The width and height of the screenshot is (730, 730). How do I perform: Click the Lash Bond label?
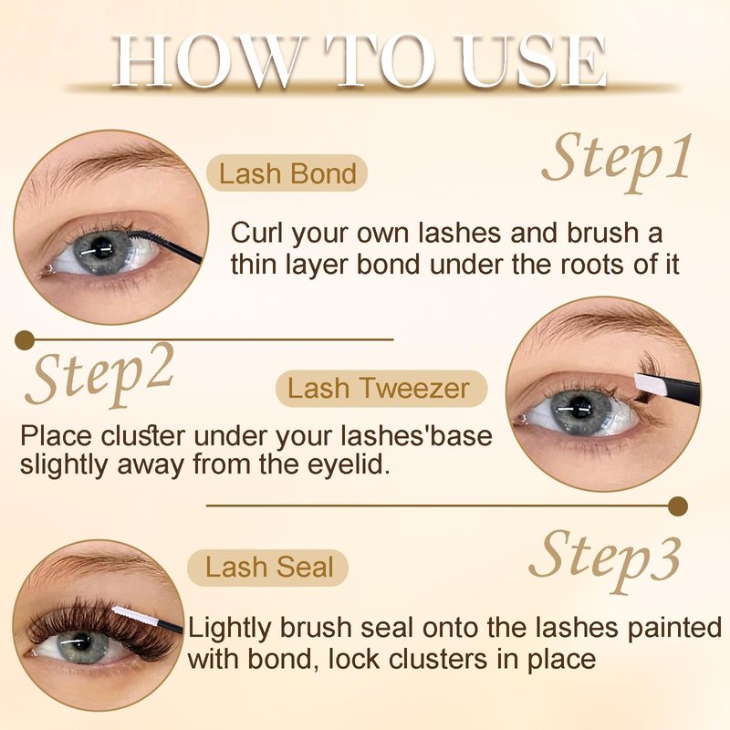click(287, 173)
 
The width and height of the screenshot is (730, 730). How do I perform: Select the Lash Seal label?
click(268, 568)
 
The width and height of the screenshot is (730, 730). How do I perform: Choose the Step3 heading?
click(605, 561)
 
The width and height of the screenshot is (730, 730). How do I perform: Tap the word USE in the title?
click(531, 61)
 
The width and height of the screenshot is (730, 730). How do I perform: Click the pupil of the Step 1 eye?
click(101, 247)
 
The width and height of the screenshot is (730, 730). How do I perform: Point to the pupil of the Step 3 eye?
click(83, 643)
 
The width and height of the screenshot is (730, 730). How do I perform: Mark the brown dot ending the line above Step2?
click(25, 340)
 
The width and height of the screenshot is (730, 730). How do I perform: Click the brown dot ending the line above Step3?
click(678, 506)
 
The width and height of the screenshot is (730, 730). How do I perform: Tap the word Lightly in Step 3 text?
click(230, 630)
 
